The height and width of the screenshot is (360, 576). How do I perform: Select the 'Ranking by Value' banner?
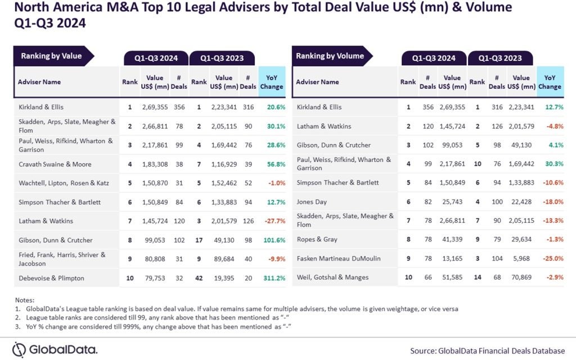51,56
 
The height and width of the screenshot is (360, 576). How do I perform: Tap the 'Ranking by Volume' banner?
330,56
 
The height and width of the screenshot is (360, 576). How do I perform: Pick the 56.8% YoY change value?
272,164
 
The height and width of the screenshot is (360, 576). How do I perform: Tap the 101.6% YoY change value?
271,240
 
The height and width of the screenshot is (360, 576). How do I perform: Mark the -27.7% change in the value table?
271,221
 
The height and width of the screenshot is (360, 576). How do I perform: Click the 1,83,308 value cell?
155,164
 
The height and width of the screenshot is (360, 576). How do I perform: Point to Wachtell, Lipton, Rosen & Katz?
62,183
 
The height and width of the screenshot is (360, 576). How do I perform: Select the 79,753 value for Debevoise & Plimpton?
155,278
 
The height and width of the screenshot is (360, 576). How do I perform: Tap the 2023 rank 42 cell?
199,278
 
